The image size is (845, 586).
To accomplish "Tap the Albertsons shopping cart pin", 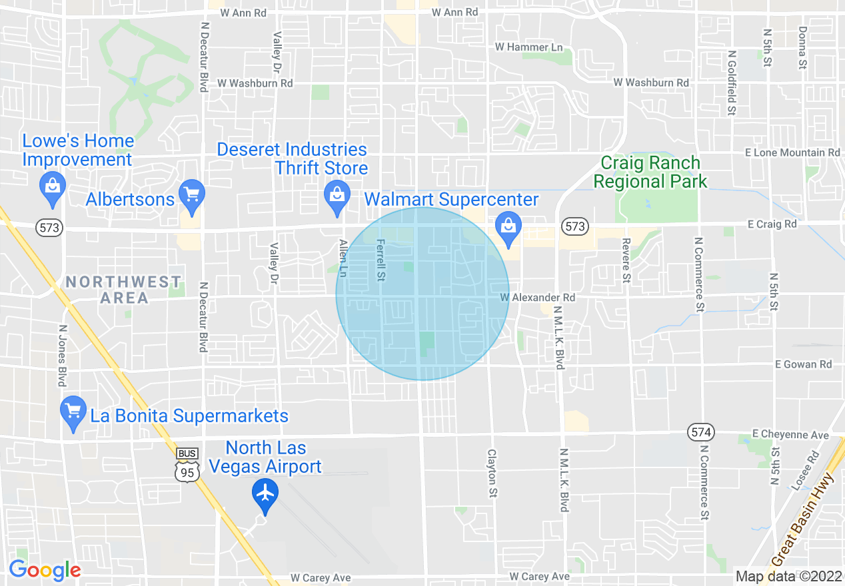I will coord(192,196).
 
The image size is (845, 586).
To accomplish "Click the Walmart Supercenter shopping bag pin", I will coord(508,227).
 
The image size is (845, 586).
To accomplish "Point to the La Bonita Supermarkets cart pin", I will coord(73,412).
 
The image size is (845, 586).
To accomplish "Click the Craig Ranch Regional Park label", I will coord(650,172).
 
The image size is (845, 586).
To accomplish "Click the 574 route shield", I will coord(701,433).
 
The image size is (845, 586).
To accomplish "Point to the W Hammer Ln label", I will coord(529,47).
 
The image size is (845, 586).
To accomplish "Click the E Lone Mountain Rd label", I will coord(792,152).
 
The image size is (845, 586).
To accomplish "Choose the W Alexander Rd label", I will coord(537,297).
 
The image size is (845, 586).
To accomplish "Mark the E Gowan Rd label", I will coord(803,364).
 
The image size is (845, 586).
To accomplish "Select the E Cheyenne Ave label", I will coord(790,434).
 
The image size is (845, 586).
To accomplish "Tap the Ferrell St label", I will coord(381,260).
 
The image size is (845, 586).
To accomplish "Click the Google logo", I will coord(45,571).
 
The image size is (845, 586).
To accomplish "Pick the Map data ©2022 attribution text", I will coord(787,576).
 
